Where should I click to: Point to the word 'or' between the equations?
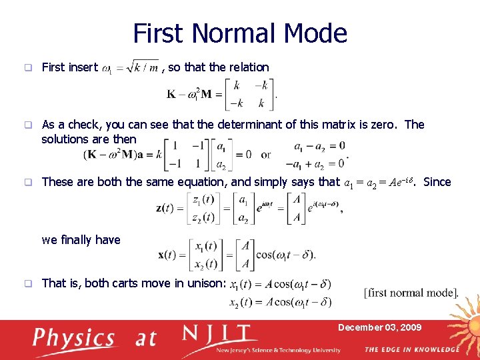[x=266, y=154]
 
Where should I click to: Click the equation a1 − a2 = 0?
[x=319, y=145]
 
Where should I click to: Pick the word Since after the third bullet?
[x=437, y=182]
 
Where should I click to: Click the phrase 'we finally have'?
[x=81, y=240]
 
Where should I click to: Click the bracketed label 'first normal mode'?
[x=411, y=293]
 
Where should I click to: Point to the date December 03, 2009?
[x=379, y=327]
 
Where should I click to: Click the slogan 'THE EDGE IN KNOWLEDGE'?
[x=411, y=350]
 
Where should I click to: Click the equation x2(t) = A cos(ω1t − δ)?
[x=280, y=302]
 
